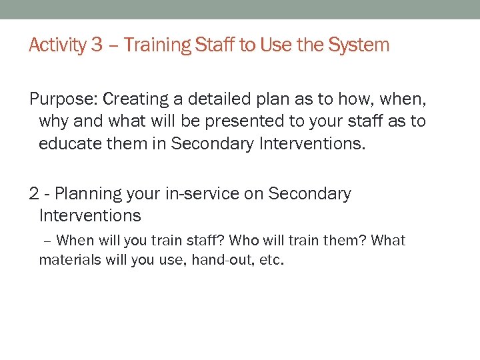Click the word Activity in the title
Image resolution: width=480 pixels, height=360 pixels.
[58, 45]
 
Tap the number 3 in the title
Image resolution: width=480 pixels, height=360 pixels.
[97, 45]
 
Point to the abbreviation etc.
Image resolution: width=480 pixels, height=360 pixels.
[272, 260]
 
